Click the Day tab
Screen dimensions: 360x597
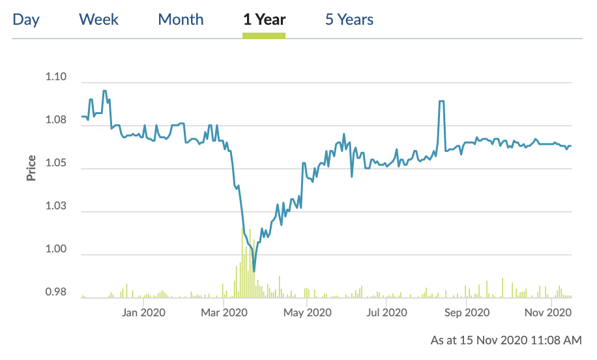26,20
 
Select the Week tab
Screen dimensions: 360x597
99,20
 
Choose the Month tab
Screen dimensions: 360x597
181,20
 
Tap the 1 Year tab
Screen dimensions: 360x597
264,20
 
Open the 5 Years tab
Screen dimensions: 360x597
349,20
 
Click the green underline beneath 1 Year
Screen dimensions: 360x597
264,35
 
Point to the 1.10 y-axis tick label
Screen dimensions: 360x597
56,78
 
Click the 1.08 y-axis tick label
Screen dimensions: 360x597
56,121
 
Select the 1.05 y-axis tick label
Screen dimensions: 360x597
56,164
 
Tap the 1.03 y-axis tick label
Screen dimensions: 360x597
56,207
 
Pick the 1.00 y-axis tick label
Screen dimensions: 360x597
56,250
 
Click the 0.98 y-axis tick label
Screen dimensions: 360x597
56,293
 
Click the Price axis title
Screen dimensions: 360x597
31,168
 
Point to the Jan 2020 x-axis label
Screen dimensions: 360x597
144,313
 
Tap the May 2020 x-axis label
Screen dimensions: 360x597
308,313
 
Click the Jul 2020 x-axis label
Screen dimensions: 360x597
387,313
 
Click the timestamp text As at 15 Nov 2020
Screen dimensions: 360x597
506,340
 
